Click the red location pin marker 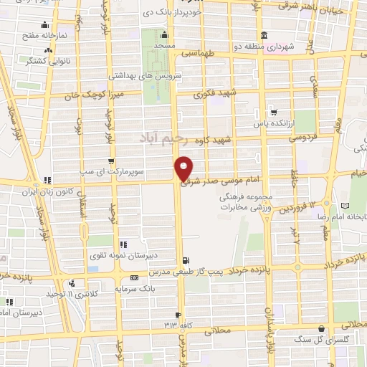pyautogui.click(x=184, y=168)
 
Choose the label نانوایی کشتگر pyautogui.click(x=40, y=62)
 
